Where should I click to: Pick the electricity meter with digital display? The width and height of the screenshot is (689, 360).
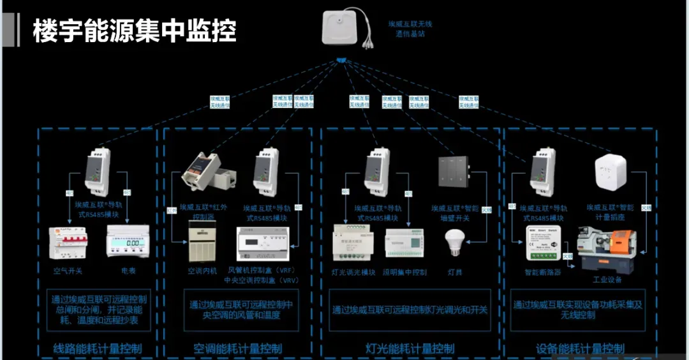click(128, 243)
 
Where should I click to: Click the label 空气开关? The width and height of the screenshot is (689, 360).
click(68, 271)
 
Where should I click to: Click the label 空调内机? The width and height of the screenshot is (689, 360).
click(202, 271)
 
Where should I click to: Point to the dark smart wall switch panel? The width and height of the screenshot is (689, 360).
click(454, 172)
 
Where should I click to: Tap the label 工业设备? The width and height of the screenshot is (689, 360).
click(607, 278)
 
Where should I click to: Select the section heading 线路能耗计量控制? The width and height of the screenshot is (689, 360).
click(97, 349)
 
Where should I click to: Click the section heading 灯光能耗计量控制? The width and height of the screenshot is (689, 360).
click(410, 349)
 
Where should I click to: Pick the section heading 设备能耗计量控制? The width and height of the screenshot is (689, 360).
click(580, 349)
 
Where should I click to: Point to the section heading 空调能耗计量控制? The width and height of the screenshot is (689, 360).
click(237, 349)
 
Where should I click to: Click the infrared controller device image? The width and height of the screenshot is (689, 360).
click(202, 173)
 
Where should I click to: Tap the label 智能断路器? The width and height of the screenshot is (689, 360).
click(542, 272)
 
